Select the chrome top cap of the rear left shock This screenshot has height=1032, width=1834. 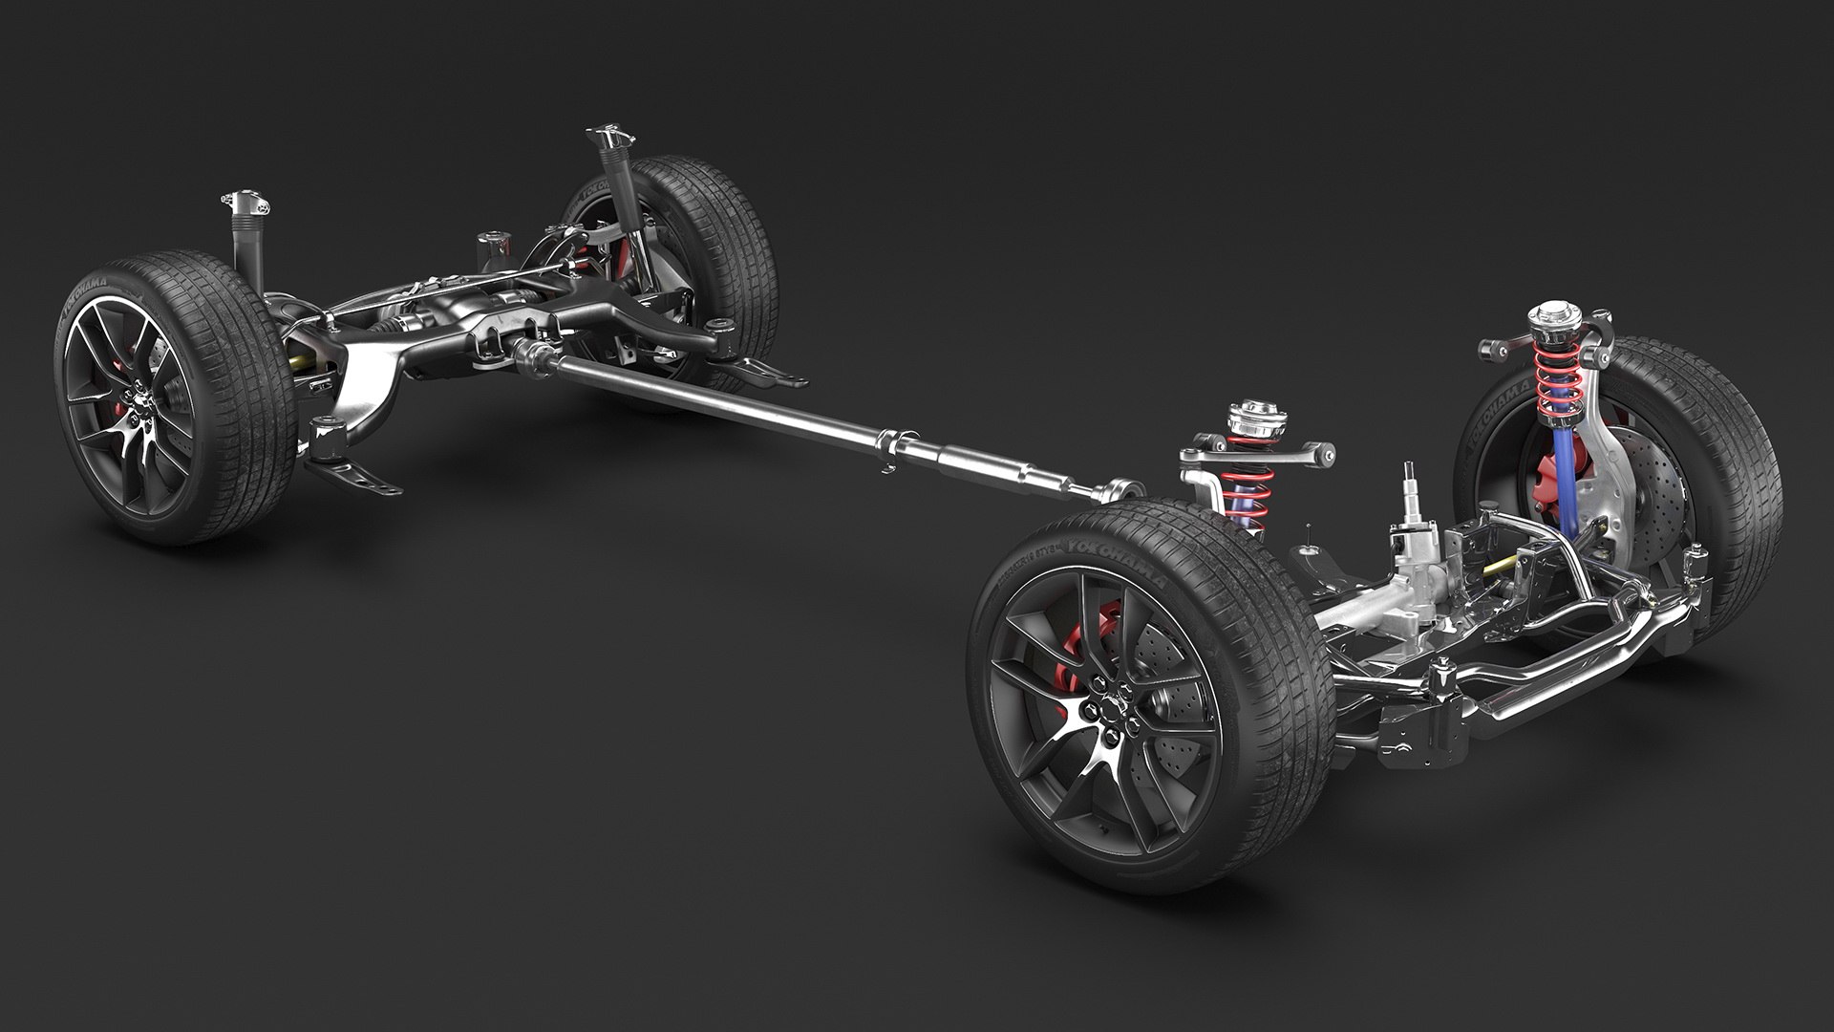pos(245,204)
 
